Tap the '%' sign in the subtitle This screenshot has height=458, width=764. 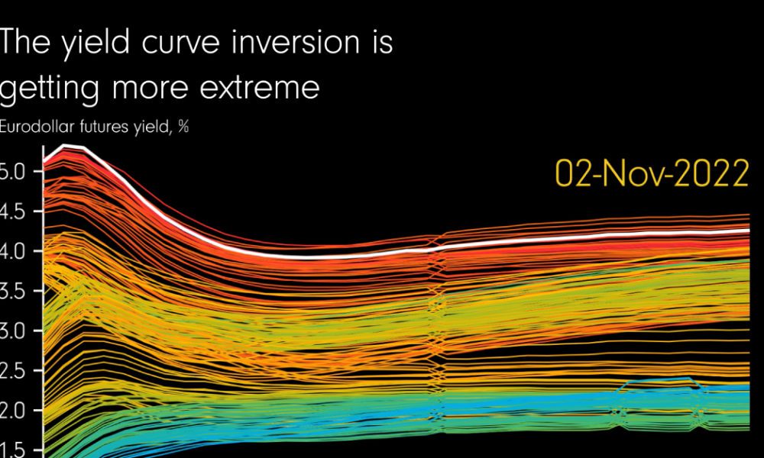click(x=183, y=127)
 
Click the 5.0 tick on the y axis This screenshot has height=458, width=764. click(x=14, y=172)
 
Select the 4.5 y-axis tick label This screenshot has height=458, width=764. click(x=14, y=212)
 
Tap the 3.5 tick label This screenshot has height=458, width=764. click(x=14, y=292)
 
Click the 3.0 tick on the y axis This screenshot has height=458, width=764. click(x=14, y=332)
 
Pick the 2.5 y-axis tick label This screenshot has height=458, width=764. click(x=14, y=372)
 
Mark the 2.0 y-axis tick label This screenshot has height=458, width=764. click(x=14, y=411)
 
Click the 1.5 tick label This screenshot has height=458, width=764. click(x=14, y=450)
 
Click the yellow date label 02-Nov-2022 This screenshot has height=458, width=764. click(x=652, y=175)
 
